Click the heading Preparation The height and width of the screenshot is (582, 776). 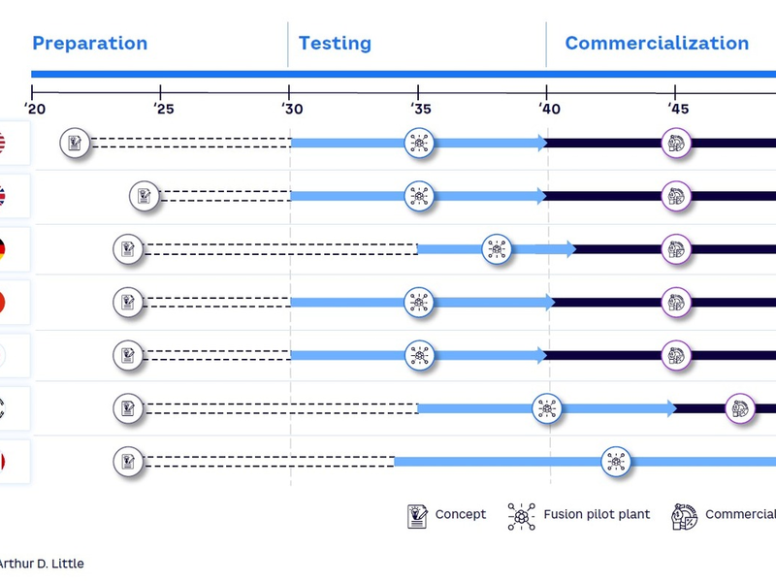(89, 44)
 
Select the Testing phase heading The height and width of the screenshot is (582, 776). (335, 44)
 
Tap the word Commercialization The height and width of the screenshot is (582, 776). (657, 44)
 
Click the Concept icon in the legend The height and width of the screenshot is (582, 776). (417, 515)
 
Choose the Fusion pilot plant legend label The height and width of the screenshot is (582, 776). (597, 515)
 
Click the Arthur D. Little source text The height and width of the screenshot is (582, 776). (42, 564)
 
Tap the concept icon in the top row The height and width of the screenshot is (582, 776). (75, 144)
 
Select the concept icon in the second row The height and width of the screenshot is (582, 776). (145, 196)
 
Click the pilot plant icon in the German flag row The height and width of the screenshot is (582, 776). (497, 249)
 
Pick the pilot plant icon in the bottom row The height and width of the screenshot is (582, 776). (615, 462)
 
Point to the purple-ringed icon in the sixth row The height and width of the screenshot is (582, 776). (740, 408)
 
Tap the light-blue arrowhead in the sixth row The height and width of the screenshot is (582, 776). (670, 408)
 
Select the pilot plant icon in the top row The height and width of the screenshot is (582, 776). (419, 144)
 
